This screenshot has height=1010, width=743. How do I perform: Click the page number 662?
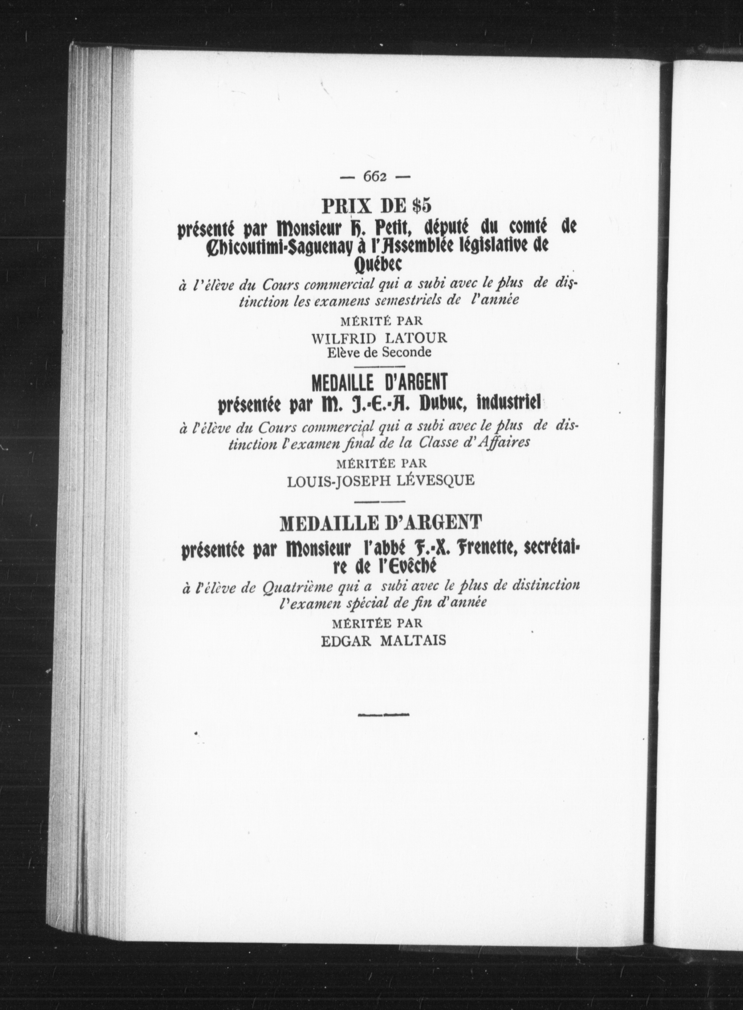(375, 177)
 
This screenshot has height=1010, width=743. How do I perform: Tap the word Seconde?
(406, 352)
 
